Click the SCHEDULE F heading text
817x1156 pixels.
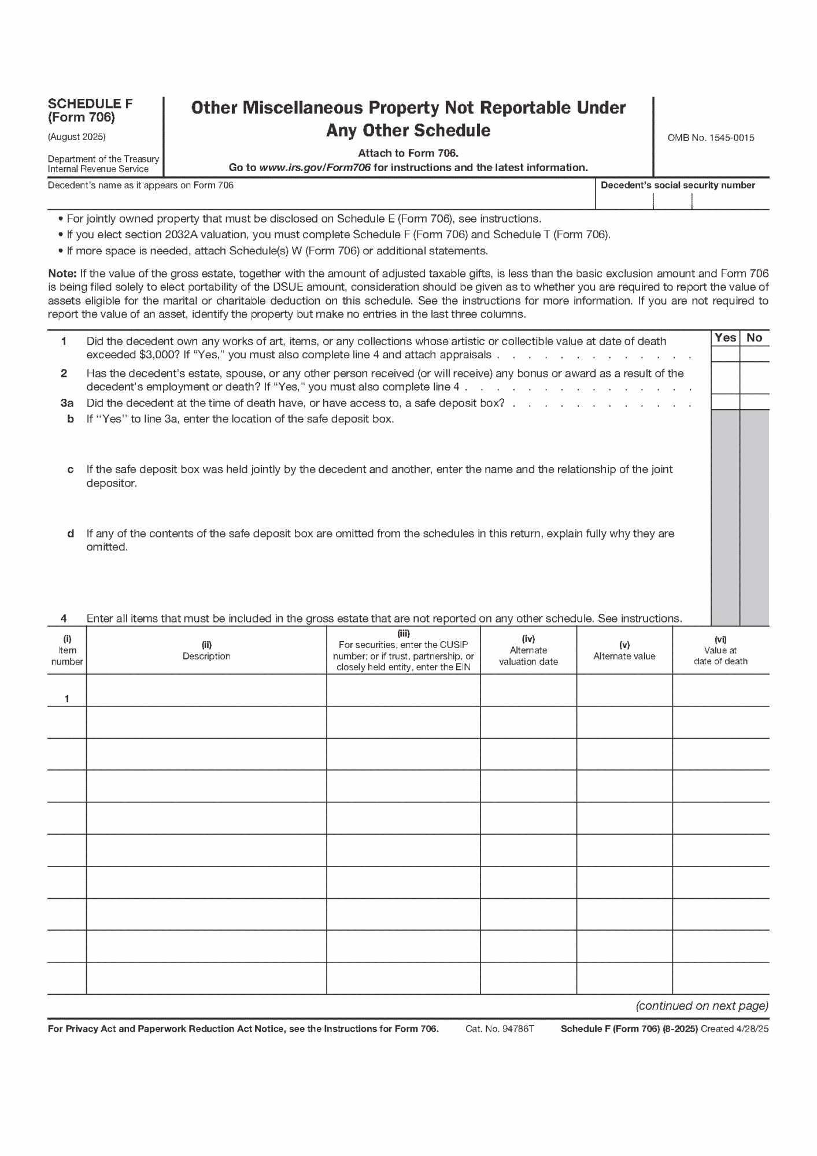click(x=90, y=103)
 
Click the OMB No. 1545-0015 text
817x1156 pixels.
click(x=711, y=138)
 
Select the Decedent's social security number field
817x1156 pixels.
click(x=682, y=200)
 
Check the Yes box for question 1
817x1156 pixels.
click(x=725, y=354)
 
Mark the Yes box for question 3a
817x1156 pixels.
click(x=725, y=402)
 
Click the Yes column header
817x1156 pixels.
click(x=725, y=338)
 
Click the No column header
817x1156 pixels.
click(x=755, y=338)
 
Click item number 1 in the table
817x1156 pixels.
click(x=67, y=699)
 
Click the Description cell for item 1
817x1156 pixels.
click(x=206, y=690)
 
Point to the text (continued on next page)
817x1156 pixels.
click(x=702, y=1006)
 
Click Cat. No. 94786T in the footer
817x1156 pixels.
click(x=500, y=1029)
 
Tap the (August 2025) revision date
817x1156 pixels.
click(x=76, y=137)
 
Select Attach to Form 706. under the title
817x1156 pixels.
click(x=408, y=153)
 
